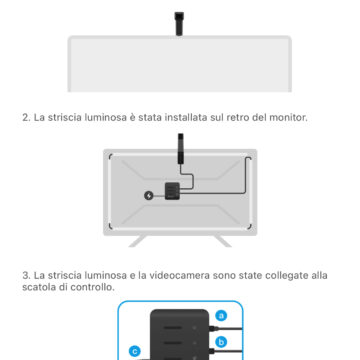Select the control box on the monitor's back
pyautogui.click(x=170, y=192)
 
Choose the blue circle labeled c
pyautogui.click(x=135, y=351)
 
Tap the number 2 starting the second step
pyautogui.click(x=25, y=118)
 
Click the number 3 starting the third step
pyautogui.click(x=25, y=274)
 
